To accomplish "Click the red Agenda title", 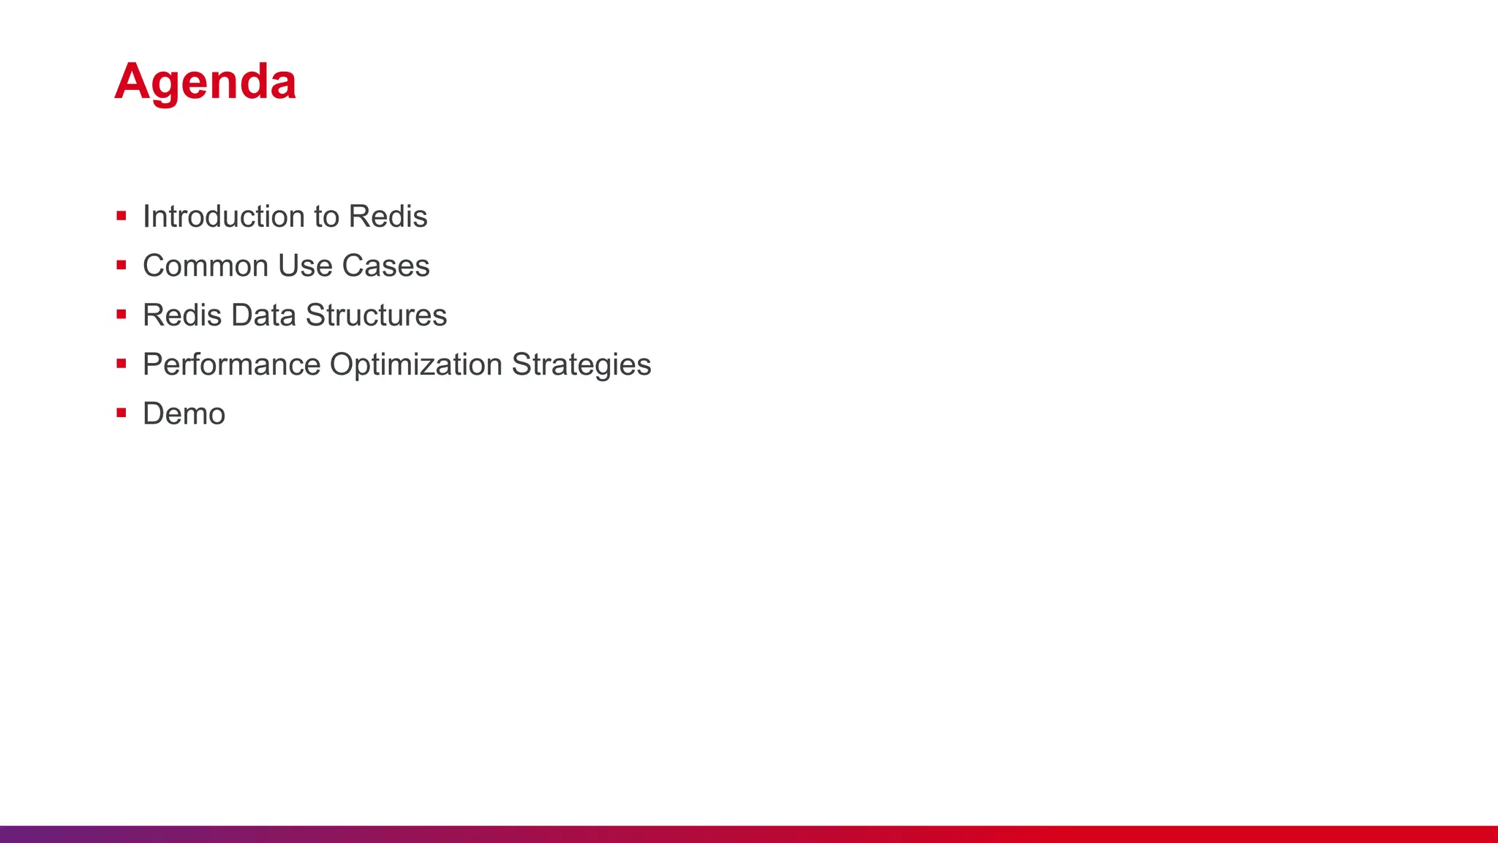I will tap(206, 82).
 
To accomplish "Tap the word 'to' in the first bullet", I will tap(326, 217).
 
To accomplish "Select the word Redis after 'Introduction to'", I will tap(388, 217).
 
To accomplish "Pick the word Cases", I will tap(385, 266).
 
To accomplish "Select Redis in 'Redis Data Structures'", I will tap(182, 315).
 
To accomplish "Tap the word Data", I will tap(264, 315).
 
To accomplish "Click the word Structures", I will tap(376, 315).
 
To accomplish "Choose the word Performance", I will tap(232, 364).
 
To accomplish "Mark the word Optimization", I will tap(415, 364).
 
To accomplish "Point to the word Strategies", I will tap(581, 364).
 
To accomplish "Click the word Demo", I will tap(184, 414).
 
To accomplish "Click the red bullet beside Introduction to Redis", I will tap(121, 216).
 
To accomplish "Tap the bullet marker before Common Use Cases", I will tap(121, 265).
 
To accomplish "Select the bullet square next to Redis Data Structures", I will tap(121, 315).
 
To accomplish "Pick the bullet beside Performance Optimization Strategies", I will tap(121, 364).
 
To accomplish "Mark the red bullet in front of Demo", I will tap(121, 413).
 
